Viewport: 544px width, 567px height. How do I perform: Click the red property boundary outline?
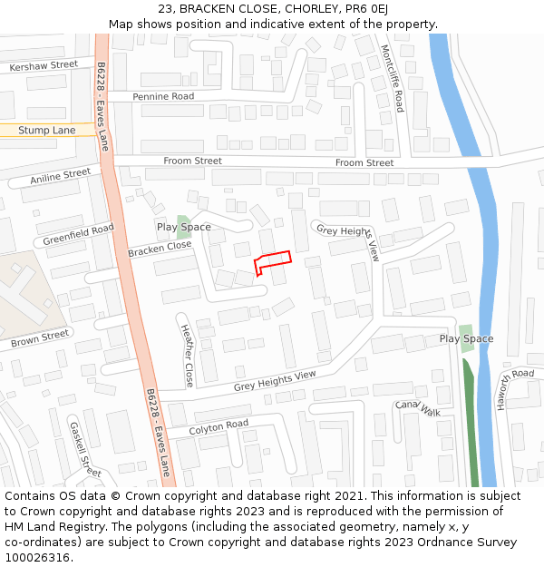(273, 260)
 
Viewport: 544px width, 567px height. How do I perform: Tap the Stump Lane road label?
(47, 131)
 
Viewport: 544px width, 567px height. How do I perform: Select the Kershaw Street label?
(44, 66)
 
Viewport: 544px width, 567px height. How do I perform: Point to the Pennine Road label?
(163, 96)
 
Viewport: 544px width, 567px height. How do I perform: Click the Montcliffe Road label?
(393, 78)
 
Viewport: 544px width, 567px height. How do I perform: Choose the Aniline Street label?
(60, 177)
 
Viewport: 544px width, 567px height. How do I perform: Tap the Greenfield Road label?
(78, 235)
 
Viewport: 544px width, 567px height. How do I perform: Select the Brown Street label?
(40, 340)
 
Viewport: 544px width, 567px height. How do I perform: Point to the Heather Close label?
(187, 356)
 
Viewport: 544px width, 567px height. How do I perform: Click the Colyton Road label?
(219, 425)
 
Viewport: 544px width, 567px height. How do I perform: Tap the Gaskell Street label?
(85, 448)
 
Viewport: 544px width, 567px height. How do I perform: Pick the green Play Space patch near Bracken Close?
(183, 226)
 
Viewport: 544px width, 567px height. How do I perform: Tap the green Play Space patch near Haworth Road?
(466, 338)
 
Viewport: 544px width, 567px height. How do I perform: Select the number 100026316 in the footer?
(37, 557)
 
